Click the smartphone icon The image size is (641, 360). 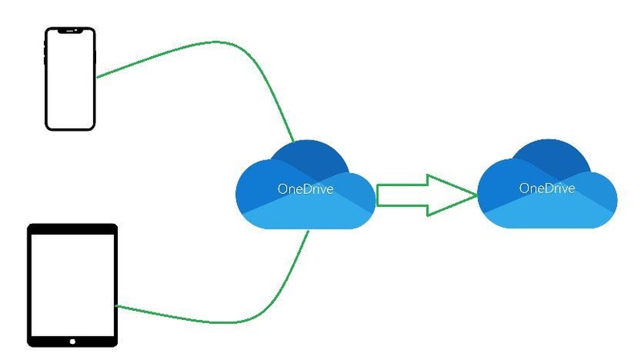coord(71,78)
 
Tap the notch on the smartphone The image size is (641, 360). coord(71,32)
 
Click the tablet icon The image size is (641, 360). coord(73,285)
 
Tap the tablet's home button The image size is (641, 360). coord(73,340)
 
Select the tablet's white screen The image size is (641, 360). coord(73,281)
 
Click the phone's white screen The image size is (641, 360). coord(71,80)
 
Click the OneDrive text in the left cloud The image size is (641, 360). coord(305,190)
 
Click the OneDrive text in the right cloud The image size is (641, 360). coord(547,189)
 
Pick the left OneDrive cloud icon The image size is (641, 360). coord(305,185)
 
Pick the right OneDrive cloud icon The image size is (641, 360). coord(547,184)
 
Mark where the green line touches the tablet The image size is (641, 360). coord(118,305)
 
